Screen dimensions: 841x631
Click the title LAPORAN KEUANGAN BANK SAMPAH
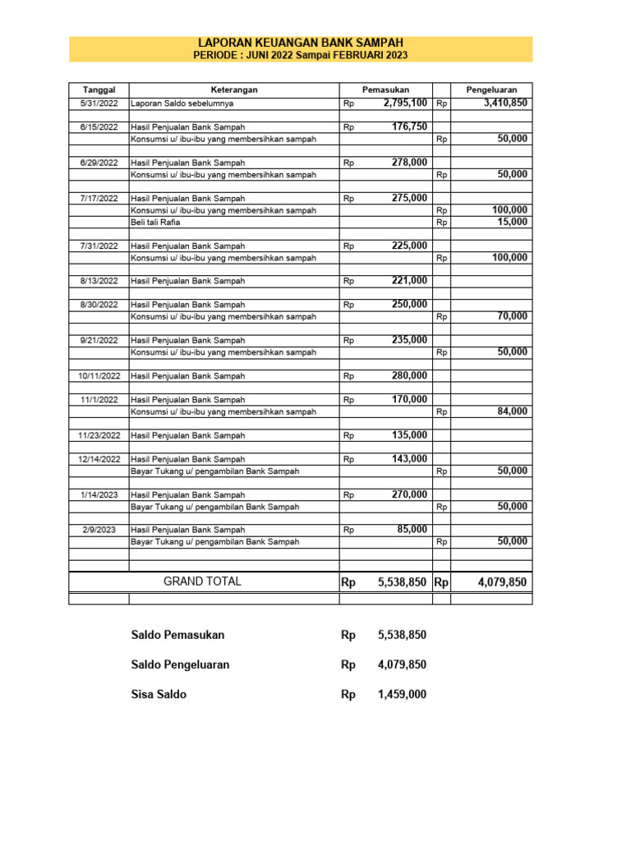[x=301, y=43]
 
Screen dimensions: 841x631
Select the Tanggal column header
[x=99, y=90]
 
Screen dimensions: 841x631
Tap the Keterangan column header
[x=234, y=90]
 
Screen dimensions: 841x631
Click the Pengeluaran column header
[x=491, y=90]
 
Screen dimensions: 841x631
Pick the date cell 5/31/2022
[x=99, y=104]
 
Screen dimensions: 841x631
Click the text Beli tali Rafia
[x=155, y=223]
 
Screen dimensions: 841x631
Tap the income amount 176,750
[x=409, y=126]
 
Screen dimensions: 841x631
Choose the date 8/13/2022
[x=99, y=281]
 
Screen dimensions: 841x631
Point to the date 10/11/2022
[x=99, y=376]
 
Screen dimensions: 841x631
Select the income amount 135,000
[x=409, y=435]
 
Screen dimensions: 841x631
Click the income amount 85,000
[x=412, y=530]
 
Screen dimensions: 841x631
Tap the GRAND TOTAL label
[x=202, y=581]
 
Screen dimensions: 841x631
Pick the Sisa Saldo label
[x=159, y=695]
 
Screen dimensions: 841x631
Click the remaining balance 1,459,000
[x=402, y=695]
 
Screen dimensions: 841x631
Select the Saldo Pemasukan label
[x=177, y=635]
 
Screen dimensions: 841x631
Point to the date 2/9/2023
[x=99, y=531]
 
